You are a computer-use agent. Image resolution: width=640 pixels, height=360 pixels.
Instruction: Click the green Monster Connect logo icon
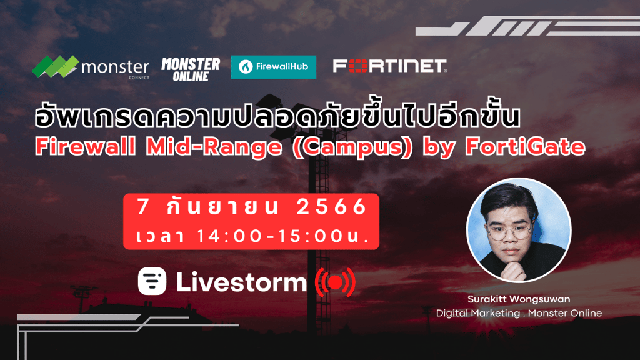point(56,66)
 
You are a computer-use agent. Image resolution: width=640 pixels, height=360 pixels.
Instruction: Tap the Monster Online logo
point(191,69)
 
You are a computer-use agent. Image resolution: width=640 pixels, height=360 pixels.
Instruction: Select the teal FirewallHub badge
point(274,67)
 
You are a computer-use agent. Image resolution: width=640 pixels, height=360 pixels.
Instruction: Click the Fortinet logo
point(390,66)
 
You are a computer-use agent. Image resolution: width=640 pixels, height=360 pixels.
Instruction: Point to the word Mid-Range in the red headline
point(214,147)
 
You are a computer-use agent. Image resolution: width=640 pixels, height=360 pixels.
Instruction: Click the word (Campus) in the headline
point(353,147)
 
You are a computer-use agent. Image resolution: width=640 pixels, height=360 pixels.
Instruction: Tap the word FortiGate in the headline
point(525,147)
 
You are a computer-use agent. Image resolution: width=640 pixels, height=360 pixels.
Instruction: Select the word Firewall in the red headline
point(85,147)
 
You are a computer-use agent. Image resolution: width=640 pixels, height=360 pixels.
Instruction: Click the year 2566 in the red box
point(331,207)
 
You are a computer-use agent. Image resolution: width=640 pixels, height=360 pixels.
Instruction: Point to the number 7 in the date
point(142,207)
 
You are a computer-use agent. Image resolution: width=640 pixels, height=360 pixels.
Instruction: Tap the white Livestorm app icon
point(152,281)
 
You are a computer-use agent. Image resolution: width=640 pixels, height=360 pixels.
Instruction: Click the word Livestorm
point(241,282)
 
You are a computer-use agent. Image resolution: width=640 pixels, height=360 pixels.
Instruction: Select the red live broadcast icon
point(336,282)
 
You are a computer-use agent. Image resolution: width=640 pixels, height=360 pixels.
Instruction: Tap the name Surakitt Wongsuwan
point(519,299)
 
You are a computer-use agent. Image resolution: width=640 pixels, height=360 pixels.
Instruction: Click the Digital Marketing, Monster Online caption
point(519,314)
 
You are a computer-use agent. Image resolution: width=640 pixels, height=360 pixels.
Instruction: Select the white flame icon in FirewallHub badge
point(246,67)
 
